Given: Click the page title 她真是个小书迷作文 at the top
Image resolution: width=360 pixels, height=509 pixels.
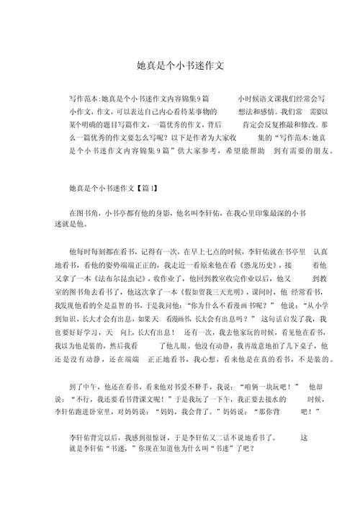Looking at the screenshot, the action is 180,66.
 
